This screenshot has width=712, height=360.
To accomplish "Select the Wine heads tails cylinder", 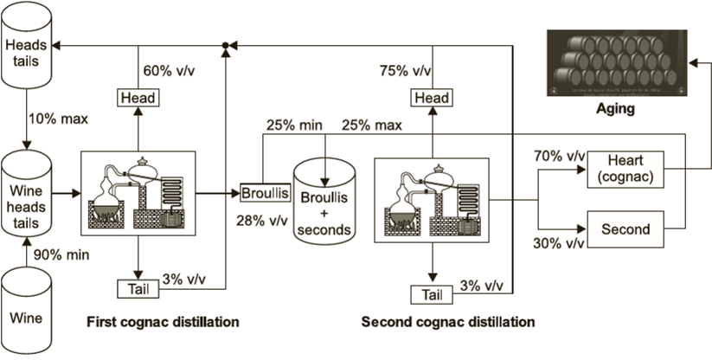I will pos(28,188).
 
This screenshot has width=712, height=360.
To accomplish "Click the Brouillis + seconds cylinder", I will pos(324,198).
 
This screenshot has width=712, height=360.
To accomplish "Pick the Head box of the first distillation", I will pos(139,99).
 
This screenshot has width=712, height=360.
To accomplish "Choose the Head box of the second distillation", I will pos(432,99).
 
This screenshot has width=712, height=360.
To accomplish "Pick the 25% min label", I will pos(294,125).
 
